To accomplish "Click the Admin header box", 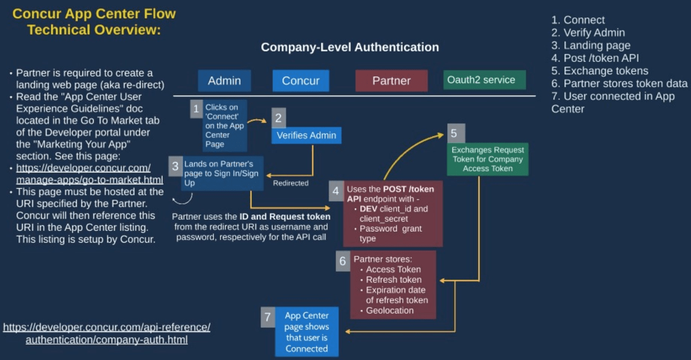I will [x=224, y=81].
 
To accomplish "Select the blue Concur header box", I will [x=301, y=81].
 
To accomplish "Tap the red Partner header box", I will [x=391, y=81].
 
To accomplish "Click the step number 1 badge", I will [x=196, y=108].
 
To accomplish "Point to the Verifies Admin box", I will [x=306, y=135].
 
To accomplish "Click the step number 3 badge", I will [x=175, y=166].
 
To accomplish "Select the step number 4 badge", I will [x=336, y=191].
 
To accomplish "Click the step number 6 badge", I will [x=343, y=261].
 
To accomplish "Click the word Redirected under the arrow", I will [x=290, y=183].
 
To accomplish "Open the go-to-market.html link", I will [x=90, y=180].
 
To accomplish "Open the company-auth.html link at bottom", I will [x=107, y=340].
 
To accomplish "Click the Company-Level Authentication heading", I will [x=349, y=48].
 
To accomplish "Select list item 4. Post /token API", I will [x=595, y=58].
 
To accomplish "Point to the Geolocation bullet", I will [x=390, y=310].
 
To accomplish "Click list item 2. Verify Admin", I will [x=588, y=33].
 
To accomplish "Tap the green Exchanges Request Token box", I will [x=487, y=159].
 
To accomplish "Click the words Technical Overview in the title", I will [x=94, y=29].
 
